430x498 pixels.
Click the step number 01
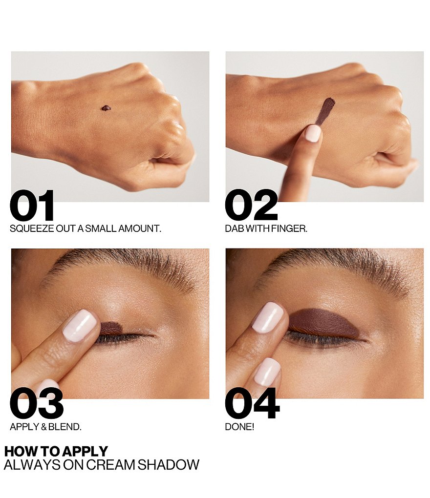[32, 206]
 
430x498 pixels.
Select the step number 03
[37, 403]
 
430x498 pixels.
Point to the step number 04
[252, 403]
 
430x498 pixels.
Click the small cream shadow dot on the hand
[106, 108]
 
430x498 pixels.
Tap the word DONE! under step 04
[239, 427]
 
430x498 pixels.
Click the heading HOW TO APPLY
[56, 451]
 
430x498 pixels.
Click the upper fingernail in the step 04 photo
[268, 317]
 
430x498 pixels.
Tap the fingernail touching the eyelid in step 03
[80, 326]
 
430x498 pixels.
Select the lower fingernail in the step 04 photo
[268, 372]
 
